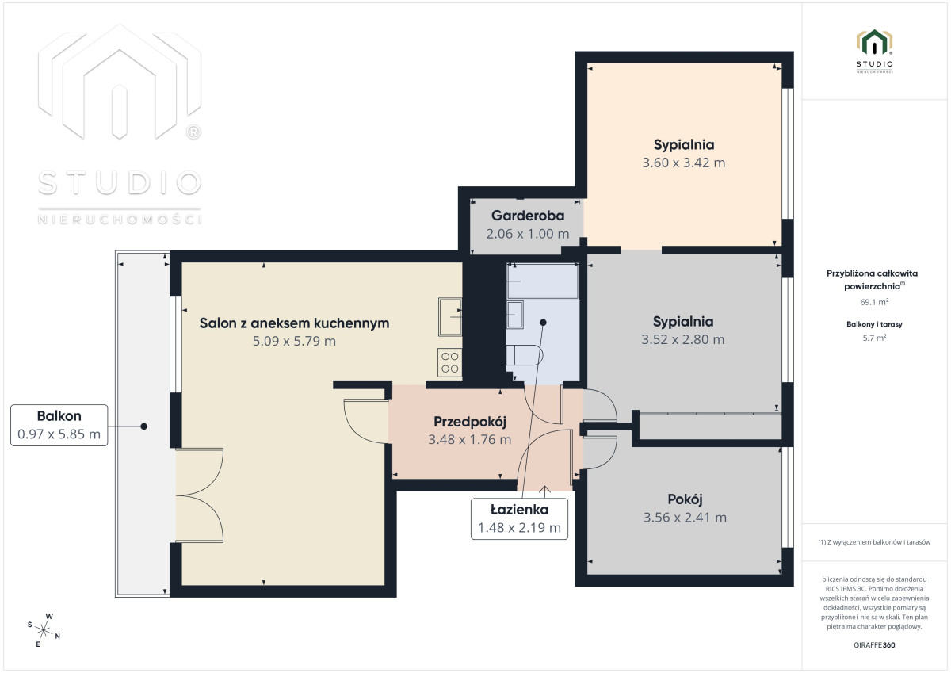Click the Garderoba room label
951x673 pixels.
coord(528,216)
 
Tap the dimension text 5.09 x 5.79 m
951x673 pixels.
coord(294,341)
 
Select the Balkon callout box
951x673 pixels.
coord(59,425)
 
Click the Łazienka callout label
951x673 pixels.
coord(519,510)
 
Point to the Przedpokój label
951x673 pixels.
coord(470,422)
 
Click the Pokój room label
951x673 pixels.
coord(685,499)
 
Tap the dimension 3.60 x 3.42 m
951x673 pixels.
coord(683,163)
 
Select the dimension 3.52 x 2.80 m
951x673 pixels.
coord(682,340)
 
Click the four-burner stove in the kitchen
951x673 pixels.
coord(449,362)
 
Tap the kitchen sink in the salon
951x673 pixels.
coord(450,317)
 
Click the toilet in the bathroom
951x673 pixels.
coord(525,355)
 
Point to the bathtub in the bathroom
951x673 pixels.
coord(543,281)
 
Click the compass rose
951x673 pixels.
coord(44,630)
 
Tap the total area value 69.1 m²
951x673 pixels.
coord(874,302)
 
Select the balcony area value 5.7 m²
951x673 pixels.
coord(874,338)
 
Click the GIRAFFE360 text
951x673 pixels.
coord(874,645)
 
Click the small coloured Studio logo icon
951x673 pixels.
coord(874,43)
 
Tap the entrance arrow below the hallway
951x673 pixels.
coord(544,491)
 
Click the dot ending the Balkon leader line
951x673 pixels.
coord(144,426)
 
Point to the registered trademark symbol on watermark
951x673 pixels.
coord(193,132)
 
